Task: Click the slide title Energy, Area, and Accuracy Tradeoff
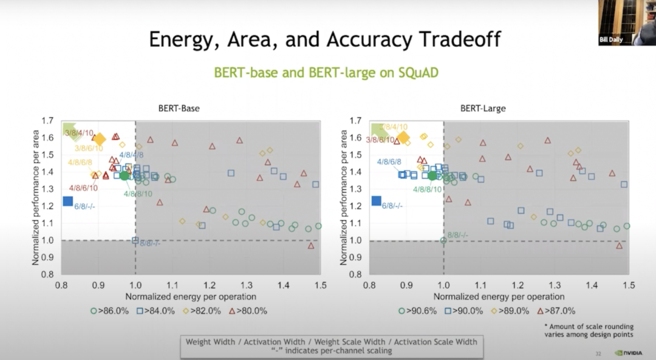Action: point(325,39)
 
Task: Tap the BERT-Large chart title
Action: point(483,109)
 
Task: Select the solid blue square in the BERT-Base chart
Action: point(67,201)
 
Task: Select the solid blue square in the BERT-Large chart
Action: point(376,201)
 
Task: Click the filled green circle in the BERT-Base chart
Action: point(125,175)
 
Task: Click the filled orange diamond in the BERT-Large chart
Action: point(403,138)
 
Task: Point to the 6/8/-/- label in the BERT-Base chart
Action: point(85,207)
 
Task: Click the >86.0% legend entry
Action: point(110,311)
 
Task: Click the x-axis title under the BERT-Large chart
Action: point(499,297)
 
